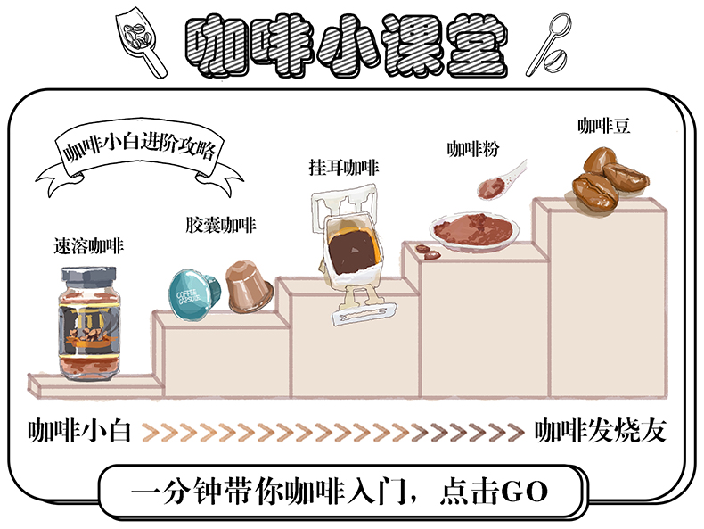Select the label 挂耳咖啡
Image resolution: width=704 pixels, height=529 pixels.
(343, 167)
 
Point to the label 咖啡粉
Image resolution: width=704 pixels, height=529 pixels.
(471, 149)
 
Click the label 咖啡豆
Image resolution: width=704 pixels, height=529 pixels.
(603, 126)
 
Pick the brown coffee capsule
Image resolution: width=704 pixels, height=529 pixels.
(248, 285)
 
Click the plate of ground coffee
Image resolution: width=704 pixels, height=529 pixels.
(471, 230)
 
